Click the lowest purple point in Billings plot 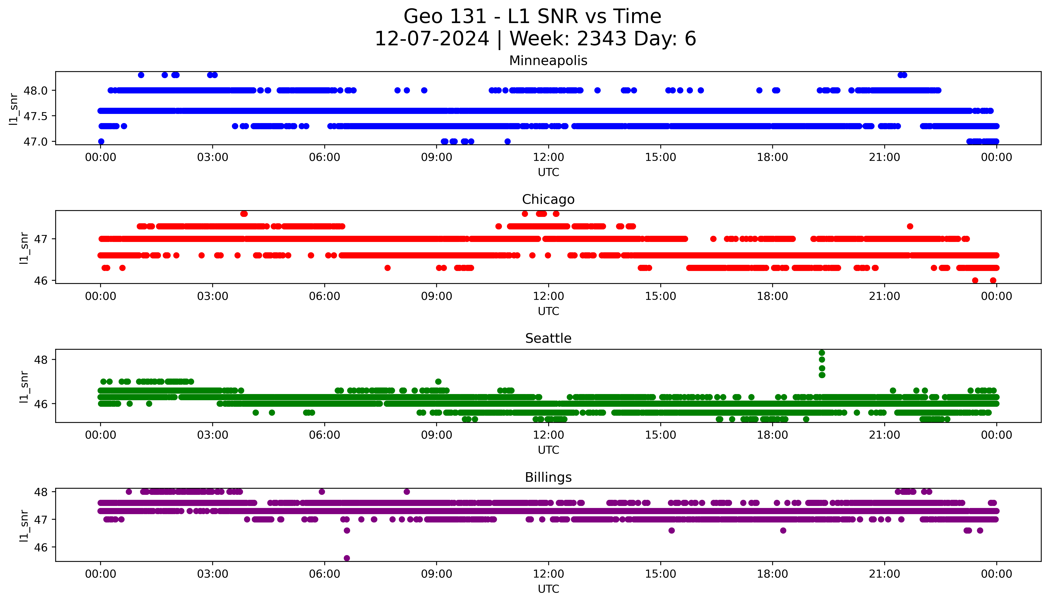pyautogui.click(x=347, y=558)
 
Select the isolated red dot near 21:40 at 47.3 pyautogui.click(x=910, y=226)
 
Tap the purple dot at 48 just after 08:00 pyautogui.click(x=407, y=492)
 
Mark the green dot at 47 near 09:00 pyautogui.click(x=438, y=382)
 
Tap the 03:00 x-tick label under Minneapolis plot pyautogui.click(x=213, y=157)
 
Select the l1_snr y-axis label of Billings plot pyautogui.click(x=24, y=525)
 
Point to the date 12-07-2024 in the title pyautogui.click(x=432, y=39)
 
